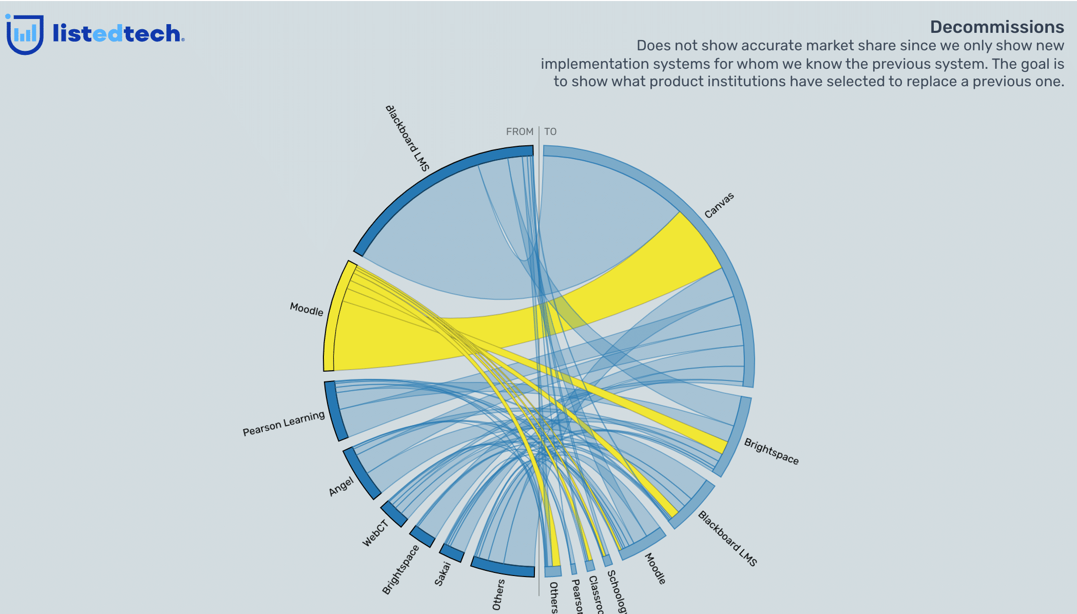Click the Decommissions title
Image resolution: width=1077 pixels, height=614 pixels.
click(x=996, y=27)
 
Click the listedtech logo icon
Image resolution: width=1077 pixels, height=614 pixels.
click(x=24, y=34)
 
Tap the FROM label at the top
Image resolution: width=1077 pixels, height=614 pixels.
click(x=520, y=132)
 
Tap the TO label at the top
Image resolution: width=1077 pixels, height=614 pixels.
click(x=550, y=132)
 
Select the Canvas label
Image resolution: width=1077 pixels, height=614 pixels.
click(x=719, y=205)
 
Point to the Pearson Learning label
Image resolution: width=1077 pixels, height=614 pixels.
click(x=283, y=424)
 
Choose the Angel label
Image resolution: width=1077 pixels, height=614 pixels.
click(x=341, y=486)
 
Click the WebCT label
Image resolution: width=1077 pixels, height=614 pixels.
click(x=375, y=533)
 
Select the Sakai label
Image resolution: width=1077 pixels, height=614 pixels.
click(x=443, y=573)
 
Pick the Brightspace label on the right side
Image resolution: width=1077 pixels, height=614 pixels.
click(x=771, y=451)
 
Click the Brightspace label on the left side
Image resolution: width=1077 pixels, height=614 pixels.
click(x=400, y=570)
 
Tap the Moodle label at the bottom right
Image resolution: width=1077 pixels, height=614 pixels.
click(x=655, y=568)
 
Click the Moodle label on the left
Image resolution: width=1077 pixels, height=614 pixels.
click(x=306, y=309)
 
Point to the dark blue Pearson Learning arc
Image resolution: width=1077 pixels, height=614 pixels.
click(x=335, y=411)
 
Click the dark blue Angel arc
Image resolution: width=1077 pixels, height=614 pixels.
click(x=361, y=473)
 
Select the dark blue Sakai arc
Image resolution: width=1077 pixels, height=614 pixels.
click(x=452, y=553)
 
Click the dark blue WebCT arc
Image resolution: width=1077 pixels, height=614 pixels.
click(x=394, y=514)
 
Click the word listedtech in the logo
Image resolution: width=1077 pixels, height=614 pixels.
click(x=117, y=34)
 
